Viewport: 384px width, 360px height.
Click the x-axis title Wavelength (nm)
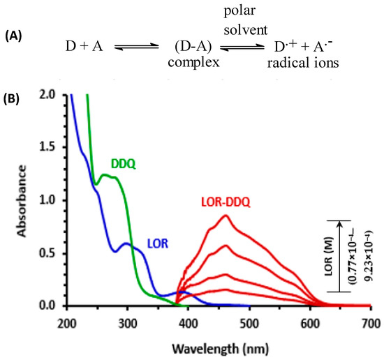(219, 345)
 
